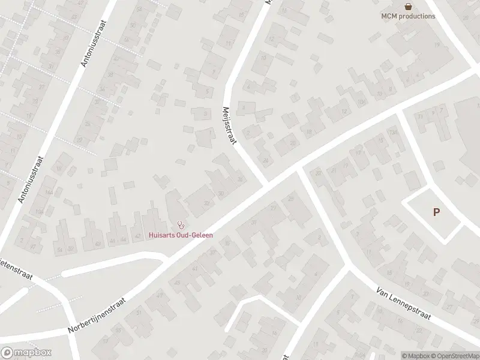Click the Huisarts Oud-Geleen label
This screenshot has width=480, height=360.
click(x=181, y=235)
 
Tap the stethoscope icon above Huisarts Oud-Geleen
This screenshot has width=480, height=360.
click(x=181, y=226)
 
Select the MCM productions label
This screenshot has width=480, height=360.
click(x=409, y=16)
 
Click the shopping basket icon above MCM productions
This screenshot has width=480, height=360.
click(x=409, y=7)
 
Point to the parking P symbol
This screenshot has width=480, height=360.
click(x=436, y=212)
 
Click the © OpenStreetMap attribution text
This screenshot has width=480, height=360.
click(x=454, y=356)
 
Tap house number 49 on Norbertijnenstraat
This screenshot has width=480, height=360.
click(x=158, y=296)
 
